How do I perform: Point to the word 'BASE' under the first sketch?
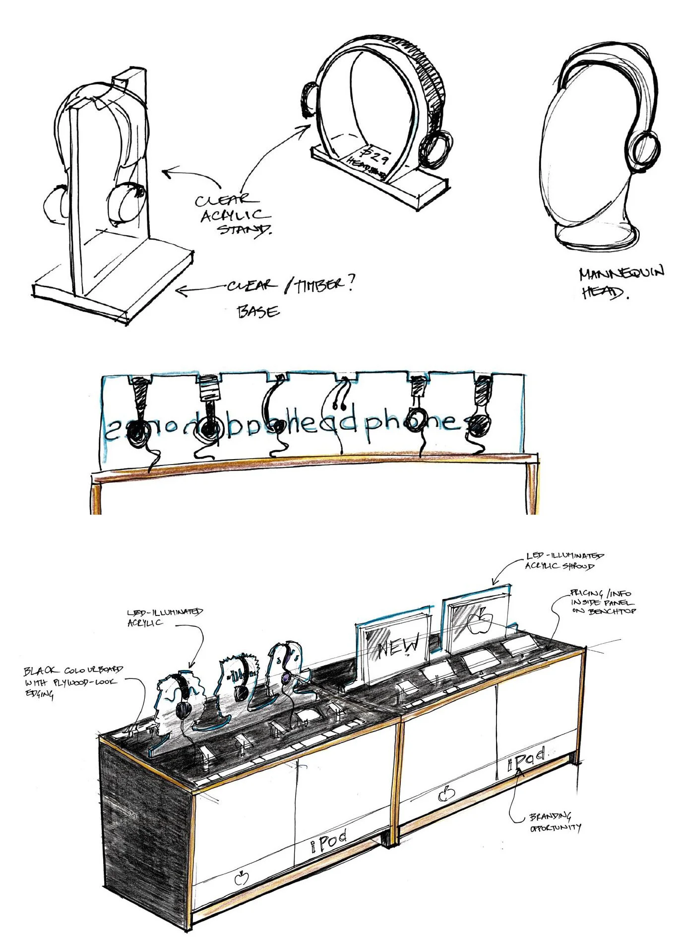(258, 312)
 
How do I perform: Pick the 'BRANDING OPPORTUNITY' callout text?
(554, 822)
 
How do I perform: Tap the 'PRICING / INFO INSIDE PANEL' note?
(602, 602)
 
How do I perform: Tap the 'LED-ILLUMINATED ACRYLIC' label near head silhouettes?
(164, 617)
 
